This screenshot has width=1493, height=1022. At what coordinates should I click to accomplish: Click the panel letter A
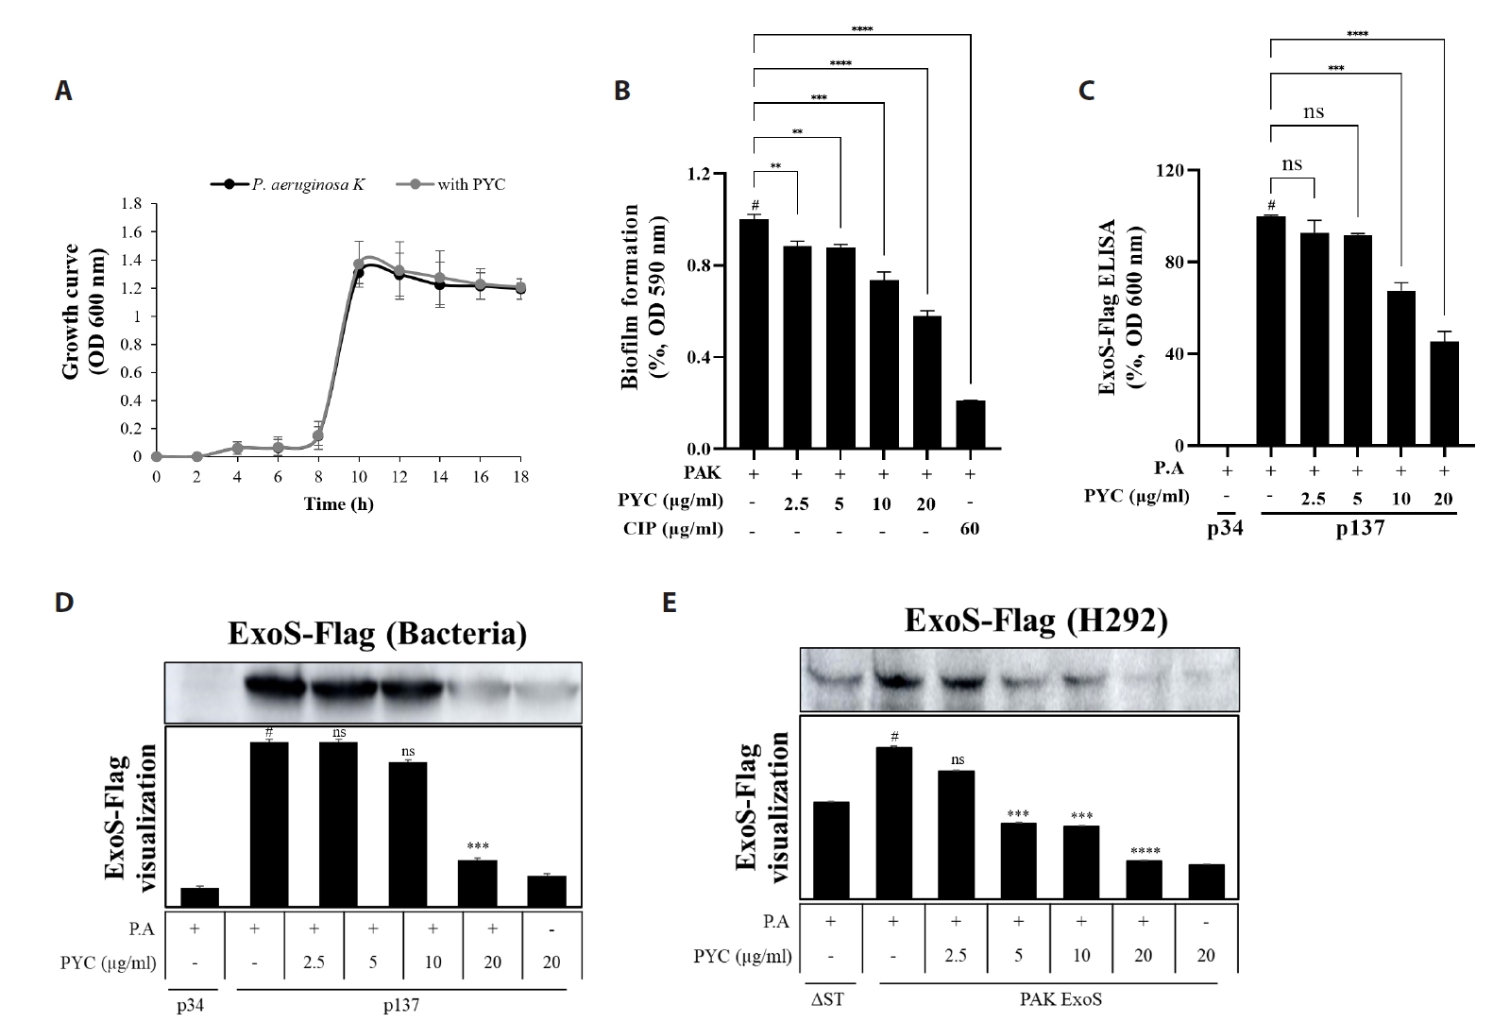point(63,91)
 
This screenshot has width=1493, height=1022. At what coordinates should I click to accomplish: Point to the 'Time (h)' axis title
point(338,504)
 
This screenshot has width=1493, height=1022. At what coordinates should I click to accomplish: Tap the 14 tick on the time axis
point(440,477)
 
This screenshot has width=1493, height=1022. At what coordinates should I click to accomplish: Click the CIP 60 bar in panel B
point(970,425)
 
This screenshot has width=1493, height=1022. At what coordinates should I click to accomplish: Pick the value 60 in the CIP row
point(970,529)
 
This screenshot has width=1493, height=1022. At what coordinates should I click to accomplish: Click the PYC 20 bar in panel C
point(1444,393)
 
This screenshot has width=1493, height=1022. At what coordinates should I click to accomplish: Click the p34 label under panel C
point(1225,527)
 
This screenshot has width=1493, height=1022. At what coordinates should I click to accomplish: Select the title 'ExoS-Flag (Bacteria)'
point(377,634)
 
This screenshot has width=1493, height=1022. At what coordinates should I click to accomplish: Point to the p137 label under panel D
point(399,1006)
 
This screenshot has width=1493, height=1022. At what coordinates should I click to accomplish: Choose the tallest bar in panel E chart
point(893,822)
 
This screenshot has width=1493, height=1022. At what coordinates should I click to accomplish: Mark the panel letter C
point(1086,91)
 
